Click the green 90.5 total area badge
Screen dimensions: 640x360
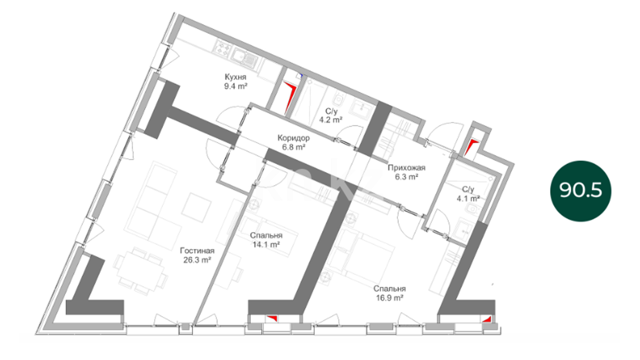[581, 191]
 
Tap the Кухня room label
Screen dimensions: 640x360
[235, 77]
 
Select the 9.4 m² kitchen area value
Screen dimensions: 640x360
[236, 86]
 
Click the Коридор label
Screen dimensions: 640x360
[293, 138]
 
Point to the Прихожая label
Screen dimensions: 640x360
[406, 168]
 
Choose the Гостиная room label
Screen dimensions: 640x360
[197, 251]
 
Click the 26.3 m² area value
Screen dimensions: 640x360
[197, 260]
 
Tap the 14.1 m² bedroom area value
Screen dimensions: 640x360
[266, 245]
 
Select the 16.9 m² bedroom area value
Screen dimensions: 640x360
[390, 298]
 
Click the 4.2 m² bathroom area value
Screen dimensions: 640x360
[331, 120]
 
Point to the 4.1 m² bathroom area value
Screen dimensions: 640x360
[468, 199]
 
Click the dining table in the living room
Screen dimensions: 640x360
[140, 271]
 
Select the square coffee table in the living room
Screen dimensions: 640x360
[196, 208]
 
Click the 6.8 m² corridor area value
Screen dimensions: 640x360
[294, 147]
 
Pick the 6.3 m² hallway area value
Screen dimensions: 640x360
[406, 177]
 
